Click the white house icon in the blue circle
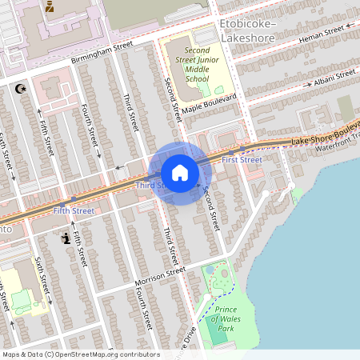click(180, 173)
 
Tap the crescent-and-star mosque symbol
click(20, 90)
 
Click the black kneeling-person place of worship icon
click(65, 238)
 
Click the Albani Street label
click(334, 77)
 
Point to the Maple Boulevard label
click(209, 103)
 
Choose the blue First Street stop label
click(242, 160)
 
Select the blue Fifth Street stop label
click(73, 210)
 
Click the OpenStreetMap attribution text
click(80, 354)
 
